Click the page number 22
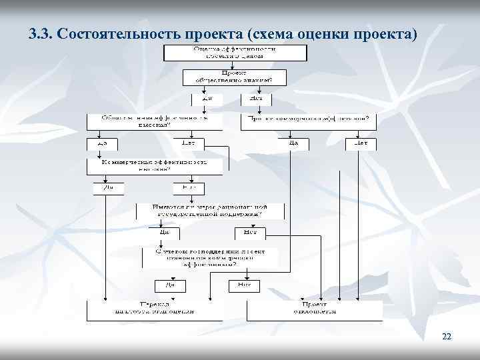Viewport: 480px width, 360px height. pos(447,337)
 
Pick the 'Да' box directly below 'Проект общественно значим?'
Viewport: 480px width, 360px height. pos(202,99)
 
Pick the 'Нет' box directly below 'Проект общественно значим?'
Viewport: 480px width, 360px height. pos(254,99)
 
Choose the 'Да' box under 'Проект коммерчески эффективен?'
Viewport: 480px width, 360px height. pos(292,143)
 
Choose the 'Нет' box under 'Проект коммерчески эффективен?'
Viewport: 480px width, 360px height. pos(361,143)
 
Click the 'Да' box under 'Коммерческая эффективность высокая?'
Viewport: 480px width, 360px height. pos(108,188)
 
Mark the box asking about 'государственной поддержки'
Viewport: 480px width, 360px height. pos(211,211)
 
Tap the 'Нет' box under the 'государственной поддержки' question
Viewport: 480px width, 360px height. pos(251,233)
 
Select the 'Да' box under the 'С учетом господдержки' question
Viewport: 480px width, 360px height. pos(170,285)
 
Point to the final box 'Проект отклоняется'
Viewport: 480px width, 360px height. pos(315,309)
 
